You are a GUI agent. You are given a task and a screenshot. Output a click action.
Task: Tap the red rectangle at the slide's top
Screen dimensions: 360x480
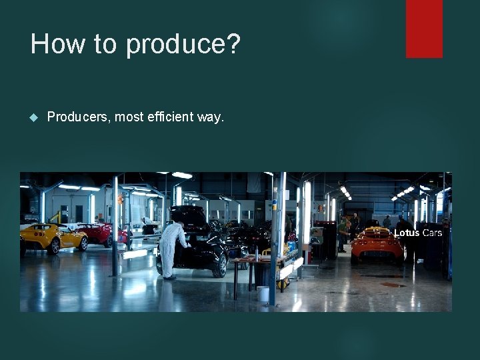click(424, 28)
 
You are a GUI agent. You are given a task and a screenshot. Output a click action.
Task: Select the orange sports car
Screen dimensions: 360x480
click(377, 246)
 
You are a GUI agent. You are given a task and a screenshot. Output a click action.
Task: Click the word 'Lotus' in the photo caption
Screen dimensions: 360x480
click(407, 233)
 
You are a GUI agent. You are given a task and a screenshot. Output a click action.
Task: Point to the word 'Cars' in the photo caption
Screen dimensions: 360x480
click(432, 233)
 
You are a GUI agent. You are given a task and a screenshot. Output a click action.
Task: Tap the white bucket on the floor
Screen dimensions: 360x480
click(263, 293)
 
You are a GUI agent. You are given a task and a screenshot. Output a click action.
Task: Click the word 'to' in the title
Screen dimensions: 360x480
click(105, 44)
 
